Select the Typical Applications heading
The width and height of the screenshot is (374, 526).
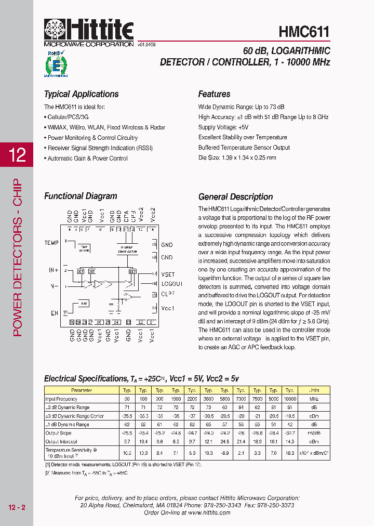[81, 94]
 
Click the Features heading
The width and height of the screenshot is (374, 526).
[214, 94]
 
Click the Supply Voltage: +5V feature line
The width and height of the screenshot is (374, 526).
[223, 127]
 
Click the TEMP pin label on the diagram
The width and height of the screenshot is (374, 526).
[51, 243]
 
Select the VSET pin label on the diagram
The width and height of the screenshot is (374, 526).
[168, 274]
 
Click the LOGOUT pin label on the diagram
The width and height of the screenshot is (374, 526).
[171, 284]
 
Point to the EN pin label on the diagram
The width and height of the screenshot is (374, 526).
[55, 313]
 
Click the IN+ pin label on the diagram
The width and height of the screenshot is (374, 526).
[54, 270]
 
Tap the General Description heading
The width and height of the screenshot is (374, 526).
[235, 197]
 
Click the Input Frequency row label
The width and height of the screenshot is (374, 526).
[61, 399]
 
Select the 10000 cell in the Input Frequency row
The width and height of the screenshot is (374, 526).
[289, 399]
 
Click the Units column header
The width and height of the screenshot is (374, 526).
[314, 390]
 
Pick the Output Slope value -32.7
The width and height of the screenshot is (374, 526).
[289, 433]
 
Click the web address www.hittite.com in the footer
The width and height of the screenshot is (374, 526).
[209, 512]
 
